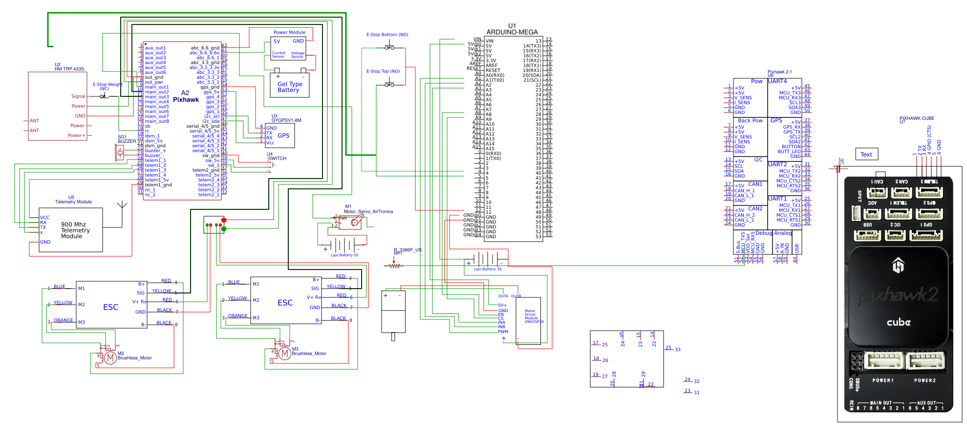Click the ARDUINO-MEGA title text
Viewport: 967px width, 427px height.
(512, 32)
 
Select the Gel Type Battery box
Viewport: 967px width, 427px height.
(290, 86)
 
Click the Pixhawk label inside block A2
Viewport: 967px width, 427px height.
(186, 99)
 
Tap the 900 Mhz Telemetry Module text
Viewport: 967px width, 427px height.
(75, 230)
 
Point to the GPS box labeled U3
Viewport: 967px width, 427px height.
(280, 135)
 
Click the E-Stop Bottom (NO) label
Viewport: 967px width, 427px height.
(387, 35)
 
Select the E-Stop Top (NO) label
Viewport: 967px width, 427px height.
(383, 71)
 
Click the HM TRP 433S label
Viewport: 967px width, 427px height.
(69, 69)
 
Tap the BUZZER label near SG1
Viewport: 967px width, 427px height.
(127, 141)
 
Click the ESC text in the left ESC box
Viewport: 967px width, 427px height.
(110, 307)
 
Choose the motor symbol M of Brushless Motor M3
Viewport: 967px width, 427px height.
(284, 353)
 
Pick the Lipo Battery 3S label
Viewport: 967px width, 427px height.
(487, 269)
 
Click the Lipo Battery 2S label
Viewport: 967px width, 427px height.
(344, 255)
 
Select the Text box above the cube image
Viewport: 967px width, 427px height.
(866, 154)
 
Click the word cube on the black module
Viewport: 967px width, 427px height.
(899, 322)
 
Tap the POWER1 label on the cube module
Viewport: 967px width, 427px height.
(883, 380)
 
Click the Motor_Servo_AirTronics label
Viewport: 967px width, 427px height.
(368, 212)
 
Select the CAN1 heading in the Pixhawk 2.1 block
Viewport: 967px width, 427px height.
(755, 184)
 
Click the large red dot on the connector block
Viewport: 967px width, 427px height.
(224, 220)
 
